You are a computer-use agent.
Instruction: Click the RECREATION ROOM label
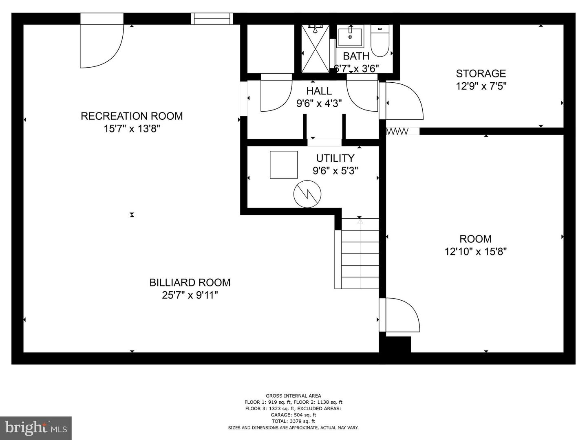coord(132,116)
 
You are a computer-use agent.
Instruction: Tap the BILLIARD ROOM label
coord(190,282)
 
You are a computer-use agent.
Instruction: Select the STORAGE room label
coord(481,74)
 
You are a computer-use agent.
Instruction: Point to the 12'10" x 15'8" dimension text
coord(475,252)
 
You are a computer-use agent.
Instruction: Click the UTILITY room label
coord(335,158)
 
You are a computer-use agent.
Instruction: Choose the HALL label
coord(319,91)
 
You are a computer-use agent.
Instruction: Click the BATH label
coord(356,56)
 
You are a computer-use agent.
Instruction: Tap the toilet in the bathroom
coord(380,41)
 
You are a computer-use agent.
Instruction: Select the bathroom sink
coord(350,37)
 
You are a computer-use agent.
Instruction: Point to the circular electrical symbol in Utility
coord(307,194)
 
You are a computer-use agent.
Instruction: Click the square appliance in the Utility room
coord(284,165)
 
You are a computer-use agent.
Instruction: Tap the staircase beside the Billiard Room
coord(359,253)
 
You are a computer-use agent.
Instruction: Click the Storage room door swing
coord(403,101)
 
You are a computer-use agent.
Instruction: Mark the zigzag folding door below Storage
coord(397,131)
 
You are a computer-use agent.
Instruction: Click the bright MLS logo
coord(36,428)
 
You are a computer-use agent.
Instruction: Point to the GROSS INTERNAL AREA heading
coord(293,396)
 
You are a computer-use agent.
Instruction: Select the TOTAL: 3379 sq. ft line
coord(293,421)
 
